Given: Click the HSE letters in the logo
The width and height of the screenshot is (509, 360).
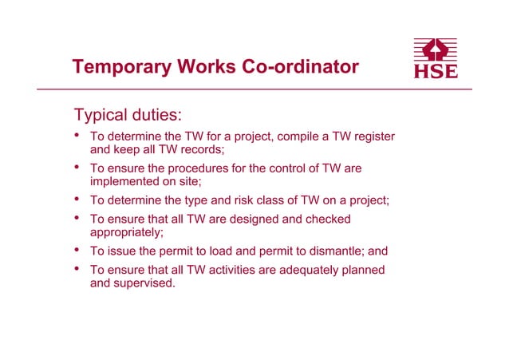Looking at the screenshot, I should coord(436,71).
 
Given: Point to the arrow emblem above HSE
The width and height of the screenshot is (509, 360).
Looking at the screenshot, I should coord(436,49).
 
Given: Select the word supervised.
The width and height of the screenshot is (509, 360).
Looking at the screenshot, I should coord(146,283).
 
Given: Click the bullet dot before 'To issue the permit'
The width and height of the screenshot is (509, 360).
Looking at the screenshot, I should coord(77,251).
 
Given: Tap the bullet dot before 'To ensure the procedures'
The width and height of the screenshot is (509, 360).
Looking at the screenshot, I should coord(77,168).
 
